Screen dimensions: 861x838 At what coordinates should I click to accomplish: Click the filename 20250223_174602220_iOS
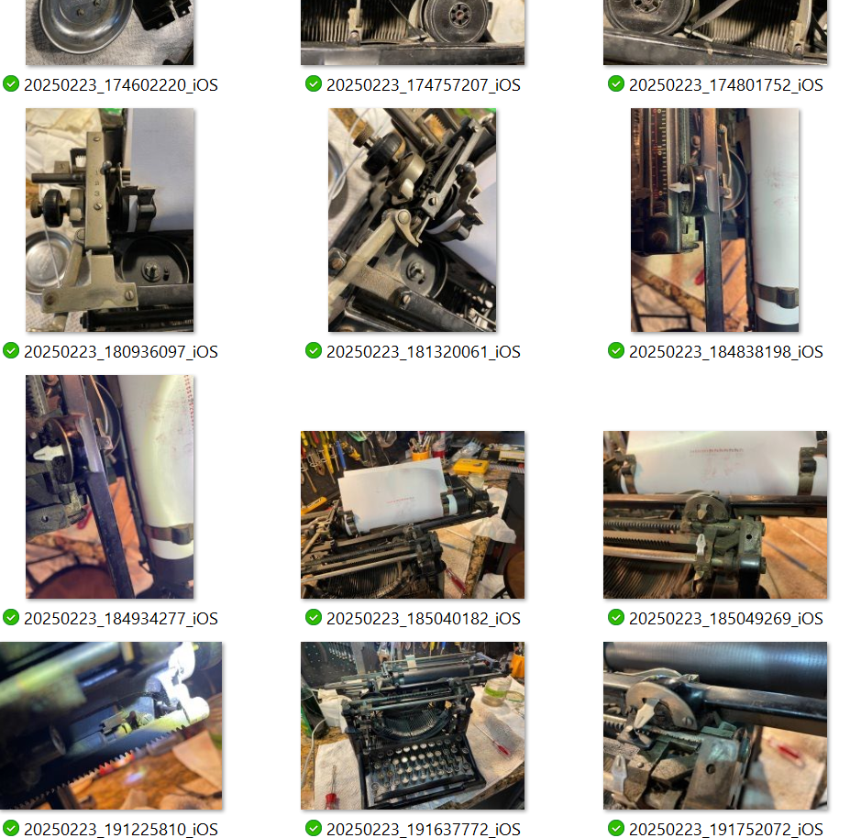click(x=121, y=85)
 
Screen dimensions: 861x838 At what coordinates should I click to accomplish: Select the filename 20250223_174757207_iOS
click(x=424, y=85)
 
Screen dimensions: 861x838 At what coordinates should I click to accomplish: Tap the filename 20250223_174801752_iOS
click(x=726, y=85)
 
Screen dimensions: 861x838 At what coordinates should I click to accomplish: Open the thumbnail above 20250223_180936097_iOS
click(x=110, y=220)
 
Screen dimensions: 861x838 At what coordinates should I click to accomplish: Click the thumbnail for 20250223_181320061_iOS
click(x=413, y=220)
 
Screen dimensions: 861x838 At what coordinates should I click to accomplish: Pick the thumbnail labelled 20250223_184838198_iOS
click(x=715, y=220)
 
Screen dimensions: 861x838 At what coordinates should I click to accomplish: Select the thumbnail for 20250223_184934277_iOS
click(x=110, y=487)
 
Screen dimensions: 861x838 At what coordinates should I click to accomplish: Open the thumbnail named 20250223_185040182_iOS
click(x=413, y=514)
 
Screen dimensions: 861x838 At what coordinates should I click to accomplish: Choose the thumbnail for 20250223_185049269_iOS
click(x=715, y=514)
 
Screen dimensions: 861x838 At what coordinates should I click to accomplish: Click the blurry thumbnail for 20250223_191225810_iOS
click(x=111, y=725)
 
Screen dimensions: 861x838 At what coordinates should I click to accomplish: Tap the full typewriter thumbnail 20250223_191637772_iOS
click(x=413, y=725)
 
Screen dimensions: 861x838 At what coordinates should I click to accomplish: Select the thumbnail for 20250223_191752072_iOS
click(x=715, y=725)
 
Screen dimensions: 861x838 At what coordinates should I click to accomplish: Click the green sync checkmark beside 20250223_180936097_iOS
click(x=11, y=350)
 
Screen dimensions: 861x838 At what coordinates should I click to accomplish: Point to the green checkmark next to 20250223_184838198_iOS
click(x=616, y=350)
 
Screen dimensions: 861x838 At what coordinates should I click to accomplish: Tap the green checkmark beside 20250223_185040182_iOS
click(x=314, y=617)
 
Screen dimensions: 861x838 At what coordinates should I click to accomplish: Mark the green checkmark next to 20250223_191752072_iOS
click(x=616, y=828)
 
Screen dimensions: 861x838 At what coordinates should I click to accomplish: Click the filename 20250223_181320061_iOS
click(x=424, y=352)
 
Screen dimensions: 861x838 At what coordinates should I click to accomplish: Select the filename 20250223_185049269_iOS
click(x=726, y=619)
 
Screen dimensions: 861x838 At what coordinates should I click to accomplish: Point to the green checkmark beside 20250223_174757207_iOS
click(x=314, y=83)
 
